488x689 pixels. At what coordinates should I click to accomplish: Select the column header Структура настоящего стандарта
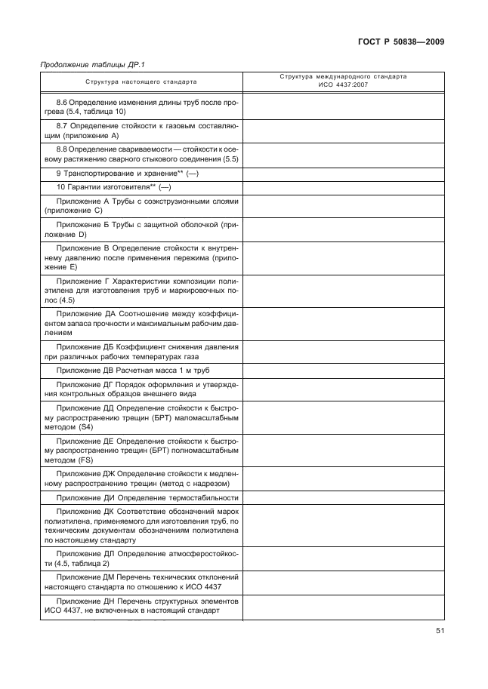point(141,81)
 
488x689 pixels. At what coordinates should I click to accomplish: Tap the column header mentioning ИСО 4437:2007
point(342,81)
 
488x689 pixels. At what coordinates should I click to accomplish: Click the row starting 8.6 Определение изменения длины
point(141,106)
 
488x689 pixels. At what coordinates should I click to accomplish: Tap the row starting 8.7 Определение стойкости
point(141,131)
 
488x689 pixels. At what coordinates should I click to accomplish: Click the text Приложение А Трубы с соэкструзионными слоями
point(141,206)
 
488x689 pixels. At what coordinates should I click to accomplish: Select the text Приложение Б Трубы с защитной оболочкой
point(141,230)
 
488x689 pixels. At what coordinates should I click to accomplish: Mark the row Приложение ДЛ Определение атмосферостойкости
point(141,558)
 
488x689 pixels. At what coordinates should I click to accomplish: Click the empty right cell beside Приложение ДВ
point(342,371)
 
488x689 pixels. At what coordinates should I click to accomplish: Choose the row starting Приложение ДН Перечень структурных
point(141,607)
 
